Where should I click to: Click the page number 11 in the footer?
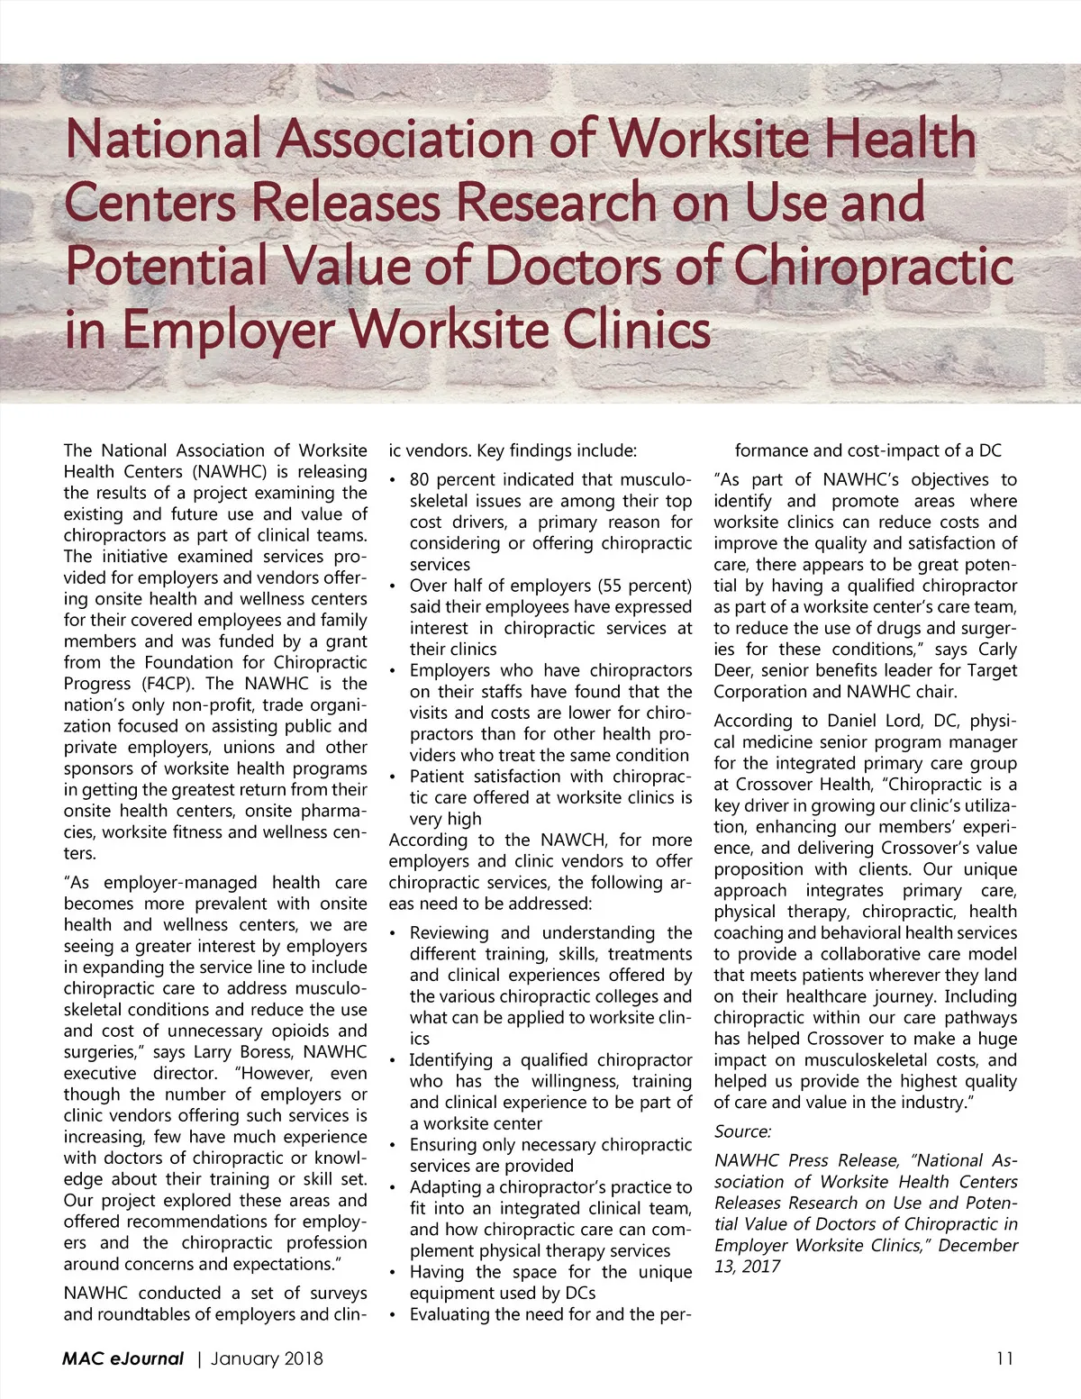click(x=1004, y=1358)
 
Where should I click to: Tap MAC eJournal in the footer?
click(x=123, y=1358)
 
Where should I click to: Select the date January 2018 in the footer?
click(x=267, y=1358)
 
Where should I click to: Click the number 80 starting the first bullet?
click(x=419, y=479)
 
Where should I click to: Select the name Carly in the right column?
click(x=997, y=649)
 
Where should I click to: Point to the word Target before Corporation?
click(x=992, y=670)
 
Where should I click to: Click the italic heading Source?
click(x=743, y=1131)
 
